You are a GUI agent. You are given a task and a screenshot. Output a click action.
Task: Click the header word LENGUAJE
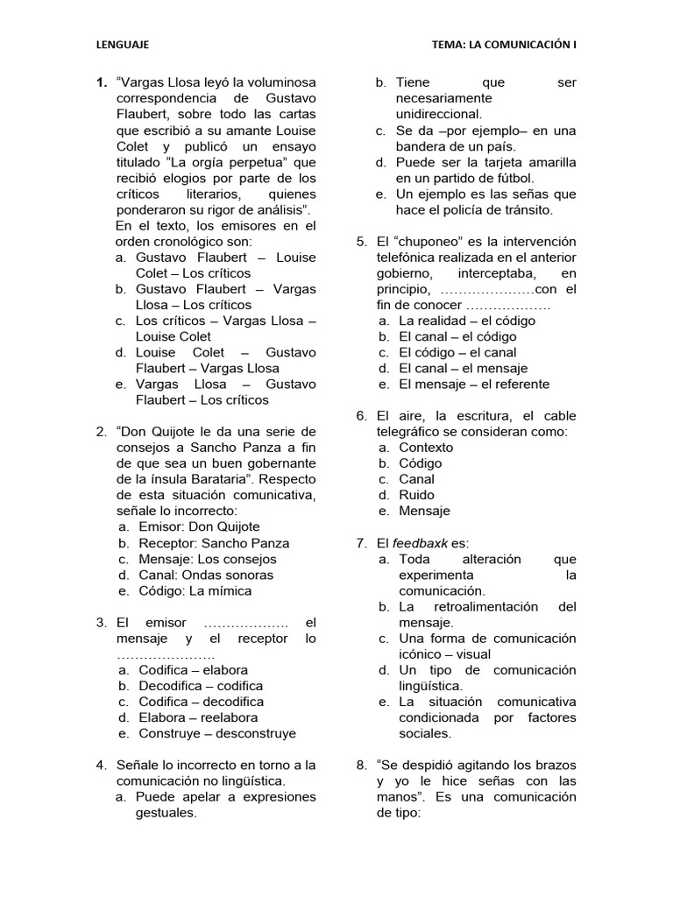point(122,43)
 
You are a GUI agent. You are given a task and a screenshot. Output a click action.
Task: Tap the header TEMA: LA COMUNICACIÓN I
point(504,43)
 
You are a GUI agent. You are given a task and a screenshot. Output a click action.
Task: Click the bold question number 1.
point(101,83)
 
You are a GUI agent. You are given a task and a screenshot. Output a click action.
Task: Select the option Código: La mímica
point(195,590)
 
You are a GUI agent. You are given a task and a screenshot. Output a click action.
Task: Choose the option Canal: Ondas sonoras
point(206,575)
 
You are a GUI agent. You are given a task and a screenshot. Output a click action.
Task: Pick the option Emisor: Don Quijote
point(199,526)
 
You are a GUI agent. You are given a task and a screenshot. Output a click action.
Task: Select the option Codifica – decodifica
point(201,702)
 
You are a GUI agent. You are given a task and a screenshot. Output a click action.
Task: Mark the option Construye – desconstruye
point(217,733)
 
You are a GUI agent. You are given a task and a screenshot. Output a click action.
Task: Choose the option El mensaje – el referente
point(474,384)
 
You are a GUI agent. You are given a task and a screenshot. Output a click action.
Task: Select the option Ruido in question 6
point(417,495)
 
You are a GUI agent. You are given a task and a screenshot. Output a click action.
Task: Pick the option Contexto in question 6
point(427,448)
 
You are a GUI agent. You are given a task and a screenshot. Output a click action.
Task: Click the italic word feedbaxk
point(422,543)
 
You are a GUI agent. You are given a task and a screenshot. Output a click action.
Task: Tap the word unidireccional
point(438,115)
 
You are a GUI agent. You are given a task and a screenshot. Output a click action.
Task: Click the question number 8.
point(361,765)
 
